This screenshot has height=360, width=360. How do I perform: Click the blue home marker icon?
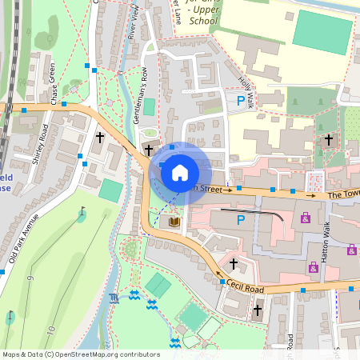pos(180,172)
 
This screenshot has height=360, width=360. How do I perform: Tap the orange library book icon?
pos(174,222)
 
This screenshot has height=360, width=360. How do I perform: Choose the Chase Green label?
pos(55,84)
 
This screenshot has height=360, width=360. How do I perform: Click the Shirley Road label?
pos(39,145)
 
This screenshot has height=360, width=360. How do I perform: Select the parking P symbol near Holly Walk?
pos(240,101)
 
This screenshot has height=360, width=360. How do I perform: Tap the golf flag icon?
pos(82,214)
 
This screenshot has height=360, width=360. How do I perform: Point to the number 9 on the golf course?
pos(30,278)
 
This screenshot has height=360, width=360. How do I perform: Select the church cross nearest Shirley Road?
pos(99,138)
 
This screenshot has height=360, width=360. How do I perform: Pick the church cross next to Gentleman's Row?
pos(148,150)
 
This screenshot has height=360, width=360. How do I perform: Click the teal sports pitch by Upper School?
pos(322,29)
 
